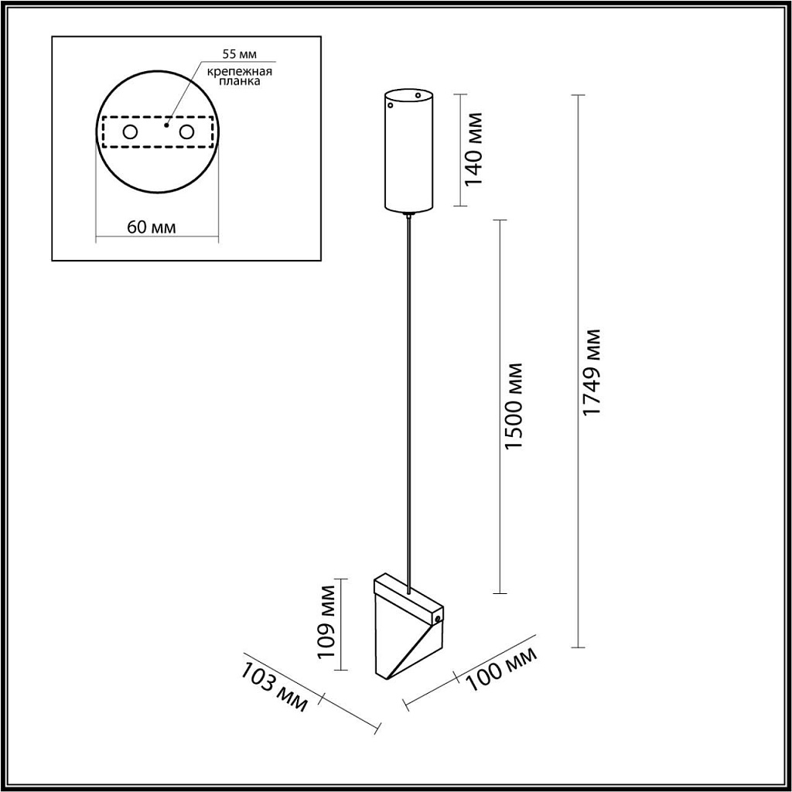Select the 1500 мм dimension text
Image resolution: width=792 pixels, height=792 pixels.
point(514,407)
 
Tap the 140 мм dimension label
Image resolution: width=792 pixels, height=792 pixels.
point(473,148)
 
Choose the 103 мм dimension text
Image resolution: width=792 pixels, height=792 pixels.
point(275,688)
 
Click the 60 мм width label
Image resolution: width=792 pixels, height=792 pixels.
point(151,227)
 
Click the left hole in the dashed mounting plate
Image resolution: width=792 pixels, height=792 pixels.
point(130,132)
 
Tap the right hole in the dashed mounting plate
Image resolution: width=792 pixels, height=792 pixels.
point(186,132)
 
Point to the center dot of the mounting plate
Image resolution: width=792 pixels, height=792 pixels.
point(166,122)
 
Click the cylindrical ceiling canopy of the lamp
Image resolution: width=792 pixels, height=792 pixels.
point(409,151)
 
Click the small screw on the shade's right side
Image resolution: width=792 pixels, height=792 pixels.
point(439,620)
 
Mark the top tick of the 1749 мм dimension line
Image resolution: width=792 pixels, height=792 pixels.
point(577,95)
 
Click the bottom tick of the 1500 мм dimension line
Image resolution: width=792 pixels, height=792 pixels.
point(500,593)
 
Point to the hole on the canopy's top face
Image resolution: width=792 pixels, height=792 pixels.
point(418,96)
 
